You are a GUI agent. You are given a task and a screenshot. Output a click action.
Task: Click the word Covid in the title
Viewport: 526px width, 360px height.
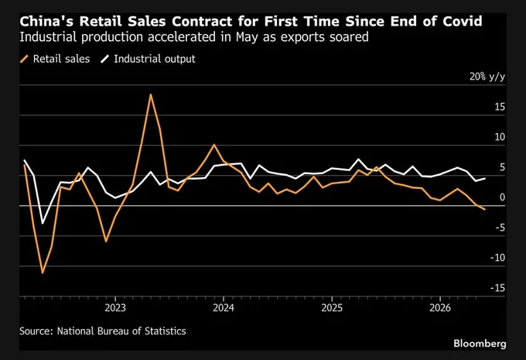point(463,21)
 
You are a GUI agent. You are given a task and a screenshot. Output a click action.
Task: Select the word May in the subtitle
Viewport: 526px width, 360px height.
point(247,37)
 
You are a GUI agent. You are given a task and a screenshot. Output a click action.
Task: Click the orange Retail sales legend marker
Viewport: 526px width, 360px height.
point(24,59)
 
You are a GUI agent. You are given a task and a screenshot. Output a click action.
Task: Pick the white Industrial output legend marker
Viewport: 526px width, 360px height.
point(105,59)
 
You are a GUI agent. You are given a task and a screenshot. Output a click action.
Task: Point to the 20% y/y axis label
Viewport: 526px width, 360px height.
point(487,77)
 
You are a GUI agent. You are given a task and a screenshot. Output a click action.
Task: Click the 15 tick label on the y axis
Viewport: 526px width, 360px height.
point(500,107)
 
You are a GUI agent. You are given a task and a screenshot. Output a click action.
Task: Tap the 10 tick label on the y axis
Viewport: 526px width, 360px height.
point(500,137)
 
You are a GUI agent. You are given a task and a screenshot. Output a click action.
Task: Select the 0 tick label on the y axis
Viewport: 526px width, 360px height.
point(502,197)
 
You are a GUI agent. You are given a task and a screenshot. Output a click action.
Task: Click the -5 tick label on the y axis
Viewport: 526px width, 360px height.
point(500,228)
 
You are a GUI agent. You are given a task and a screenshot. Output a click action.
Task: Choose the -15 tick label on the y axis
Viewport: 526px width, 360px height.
point(497,288)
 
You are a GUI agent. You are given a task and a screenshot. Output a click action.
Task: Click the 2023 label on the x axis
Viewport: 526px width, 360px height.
point(115,307)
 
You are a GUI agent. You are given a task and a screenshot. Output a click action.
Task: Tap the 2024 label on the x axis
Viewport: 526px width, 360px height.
point(224,307)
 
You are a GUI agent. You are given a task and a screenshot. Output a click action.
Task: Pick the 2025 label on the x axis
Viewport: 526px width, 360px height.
point(332,307)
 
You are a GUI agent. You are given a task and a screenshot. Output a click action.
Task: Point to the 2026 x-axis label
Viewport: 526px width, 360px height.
point(440,307)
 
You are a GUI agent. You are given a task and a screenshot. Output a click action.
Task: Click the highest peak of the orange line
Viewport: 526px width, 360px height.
point(151,94)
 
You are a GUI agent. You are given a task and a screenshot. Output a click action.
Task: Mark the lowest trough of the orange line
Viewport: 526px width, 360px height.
point(43,273)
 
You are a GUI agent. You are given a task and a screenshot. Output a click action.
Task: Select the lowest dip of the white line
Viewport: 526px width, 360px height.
point(43,223)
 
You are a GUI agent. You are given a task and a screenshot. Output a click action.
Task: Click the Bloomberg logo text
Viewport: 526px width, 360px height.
point(480,344)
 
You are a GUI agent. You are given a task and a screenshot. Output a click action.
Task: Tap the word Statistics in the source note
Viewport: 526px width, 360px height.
point(165,331)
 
